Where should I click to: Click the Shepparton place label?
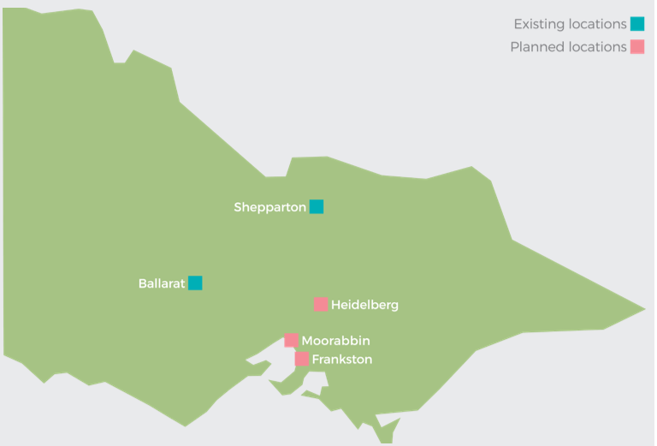point(269,207)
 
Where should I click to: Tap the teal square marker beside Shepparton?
point(317,206)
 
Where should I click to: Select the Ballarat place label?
point(161,283)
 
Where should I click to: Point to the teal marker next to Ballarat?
point(195,283)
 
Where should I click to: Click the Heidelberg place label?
point(364,305)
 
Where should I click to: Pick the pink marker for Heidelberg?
point(321,305)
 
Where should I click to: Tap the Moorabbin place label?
point(335,341)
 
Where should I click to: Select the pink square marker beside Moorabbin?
point(292,341)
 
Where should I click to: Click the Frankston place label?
point(342,360)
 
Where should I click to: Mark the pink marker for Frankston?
point(302,360)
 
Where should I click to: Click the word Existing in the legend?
point(538,24)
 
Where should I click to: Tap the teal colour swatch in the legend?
point(637,24)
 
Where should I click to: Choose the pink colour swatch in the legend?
point(637,47)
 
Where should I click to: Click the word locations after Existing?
point(597,24)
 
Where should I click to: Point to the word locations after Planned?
point(597,47)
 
